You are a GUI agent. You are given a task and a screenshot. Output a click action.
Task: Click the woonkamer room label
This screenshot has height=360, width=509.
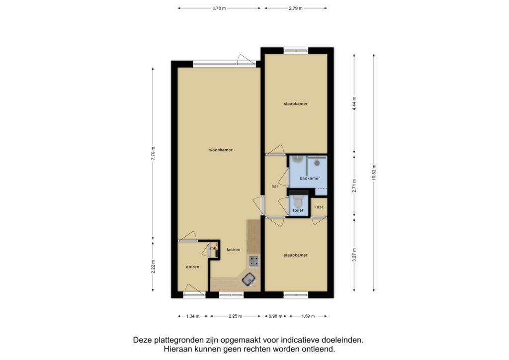[221, 150]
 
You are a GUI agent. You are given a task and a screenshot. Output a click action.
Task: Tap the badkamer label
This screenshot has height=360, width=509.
[310, 178]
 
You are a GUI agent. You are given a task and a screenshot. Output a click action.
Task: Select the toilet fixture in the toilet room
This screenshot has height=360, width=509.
[298, 201]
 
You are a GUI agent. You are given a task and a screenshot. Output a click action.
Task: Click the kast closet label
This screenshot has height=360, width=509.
[319, 207]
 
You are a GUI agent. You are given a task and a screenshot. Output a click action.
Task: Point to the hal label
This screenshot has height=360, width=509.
[274, 186]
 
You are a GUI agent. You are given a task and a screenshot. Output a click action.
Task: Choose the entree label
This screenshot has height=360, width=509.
[192, 267]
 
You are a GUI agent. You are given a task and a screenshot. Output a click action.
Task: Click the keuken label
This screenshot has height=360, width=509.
[234, 250]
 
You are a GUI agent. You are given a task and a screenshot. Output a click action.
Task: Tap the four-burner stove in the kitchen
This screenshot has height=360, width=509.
[254, 262]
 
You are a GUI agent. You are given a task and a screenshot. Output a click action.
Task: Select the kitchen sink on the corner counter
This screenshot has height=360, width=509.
[249, 279]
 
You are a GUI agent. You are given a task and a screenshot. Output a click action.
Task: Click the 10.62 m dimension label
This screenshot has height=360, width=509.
[374, 173]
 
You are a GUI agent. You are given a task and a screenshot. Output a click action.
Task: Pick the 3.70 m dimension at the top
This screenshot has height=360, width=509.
[219, 8]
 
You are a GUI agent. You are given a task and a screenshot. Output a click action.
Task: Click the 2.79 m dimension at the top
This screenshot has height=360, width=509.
[296, 8]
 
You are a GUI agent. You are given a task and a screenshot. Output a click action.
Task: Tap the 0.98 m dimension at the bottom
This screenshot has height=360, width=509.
[275, 316]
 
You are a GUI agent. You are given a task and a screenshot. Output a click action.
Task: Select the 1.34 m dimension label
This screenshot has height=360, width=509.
[192, 316]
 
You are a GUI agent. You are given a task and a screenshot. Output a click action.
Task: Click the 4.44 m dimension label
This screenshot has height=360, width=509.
[354, 103]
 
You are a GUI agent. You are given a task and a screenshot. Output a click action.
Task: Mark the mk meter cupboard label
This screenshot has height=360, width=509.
[213, 248]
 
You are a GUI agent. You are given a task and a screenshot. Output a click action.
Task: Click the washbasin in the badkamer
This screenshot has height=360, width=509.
[297, 160]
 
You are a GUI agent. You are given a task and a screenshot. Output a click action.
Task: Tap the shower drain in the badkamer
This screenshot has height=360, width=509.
[317, 163]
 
